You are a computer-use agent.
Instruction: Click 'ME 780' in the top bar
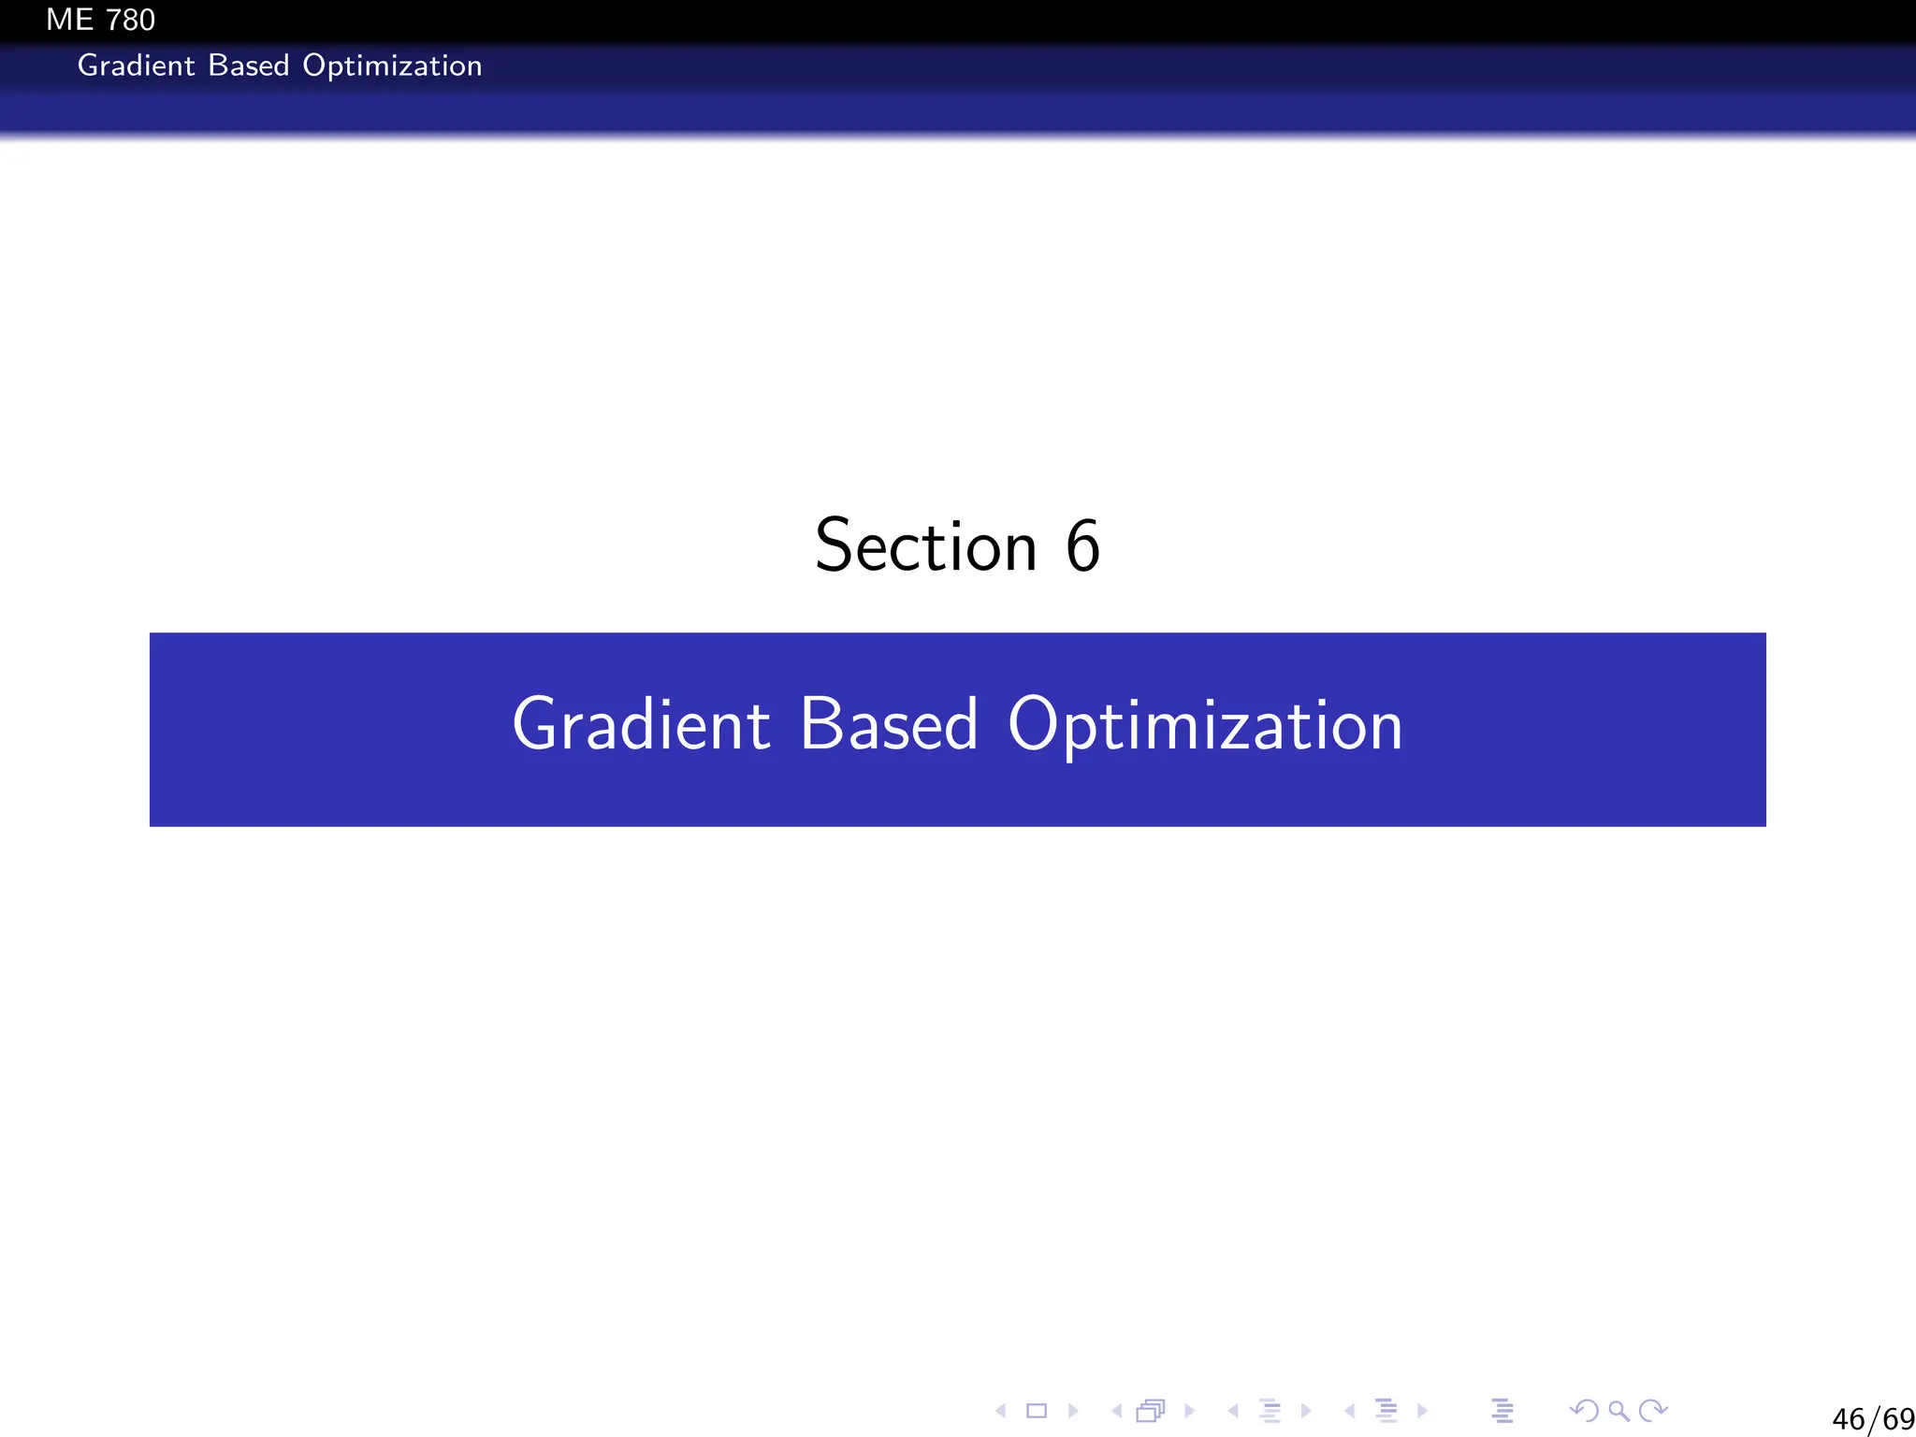click(x=100, y=20)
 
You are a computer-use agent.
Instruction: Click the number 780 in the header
click(x=130, y=20)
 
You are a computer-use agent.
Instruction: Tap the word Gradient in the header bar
click(x=137, y=65)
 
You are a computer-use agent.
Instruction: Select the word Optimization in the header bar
click(x=392, y=65)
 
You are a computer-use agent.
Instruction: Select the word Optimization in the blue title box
click(x=1205, y=726)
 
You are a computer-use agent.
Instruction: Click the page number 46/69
click(x=1873, y=1419)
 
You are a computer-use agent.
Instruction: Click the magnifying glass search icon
click(x=1618, y=1411)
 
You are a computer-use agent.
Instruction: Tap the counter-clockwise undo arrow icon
click(x=1583, y=1410)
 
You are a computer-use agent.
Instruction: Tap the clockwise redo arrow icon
click(x=1654, y=1410)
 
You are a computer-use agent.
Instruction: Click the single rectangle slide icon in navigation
click(x=1037, y=1411)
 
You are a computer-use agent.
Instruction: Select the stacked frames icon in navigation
click(x=1151, y=1411)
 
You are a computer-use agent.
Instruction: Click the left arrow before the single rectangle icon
click(x=1001, y=1411)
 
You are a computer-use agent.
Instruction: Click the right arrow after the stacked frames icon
click(x=1189, y=1411)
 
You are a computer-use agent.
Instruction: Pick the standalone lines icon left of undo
click(x=1502, y=1411)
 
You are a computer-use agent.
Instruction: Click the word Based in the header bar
click(x=248, y=65)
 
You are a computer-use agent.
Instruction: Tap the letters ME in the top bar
click(x=70, y=20)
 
